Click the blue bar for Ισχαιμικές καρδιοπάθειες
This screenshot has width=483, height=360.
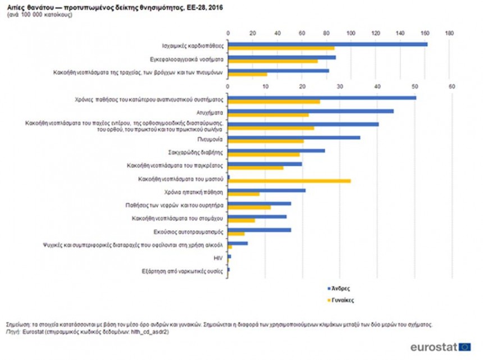coord(327,44)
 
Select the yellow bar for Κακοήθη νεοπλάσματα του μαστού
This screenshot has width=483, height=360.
coord(289,181)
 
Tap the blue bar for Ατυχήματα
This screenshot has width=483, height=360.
coord(310,111)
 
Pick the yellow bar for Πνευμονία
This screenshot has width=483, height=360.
coord(265,141)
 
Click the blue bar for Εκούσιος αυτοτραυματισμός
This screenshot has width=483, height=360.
coord(259,229)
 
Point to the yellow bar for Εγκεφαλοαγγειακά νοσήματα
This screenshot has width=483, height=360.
coord(272,61)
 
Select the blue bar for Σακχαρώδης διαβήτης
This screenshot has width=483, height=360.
coord(276,151)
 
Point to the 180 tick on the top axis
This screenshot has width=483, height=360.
coord(449,33)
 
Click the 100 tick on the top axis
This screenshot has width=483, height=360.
coord(352,33)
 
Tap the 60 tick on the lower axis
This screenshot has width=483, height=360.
coord(452,86)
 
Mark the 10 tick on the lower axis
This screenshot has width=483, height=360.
coord(265,86)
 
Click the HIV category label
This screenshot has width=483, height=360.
coord(220,258)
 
